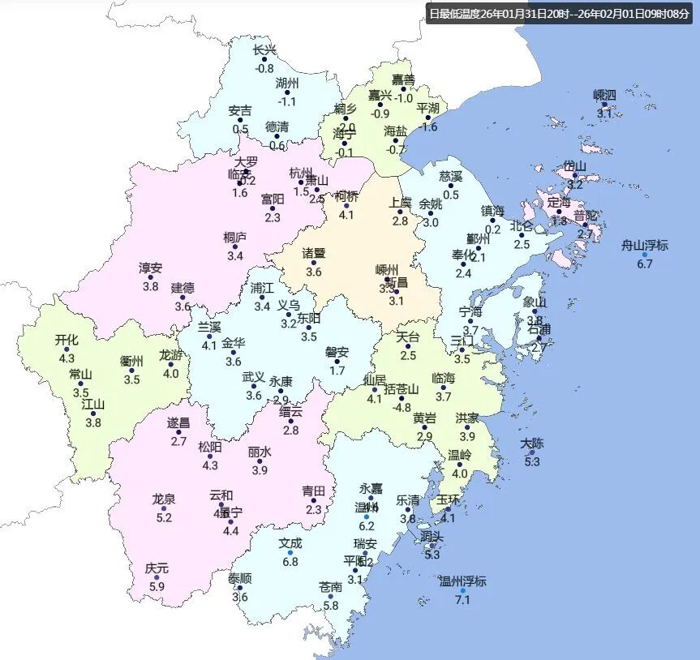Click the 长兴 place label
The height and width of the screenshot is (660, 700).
(x=264, y=50)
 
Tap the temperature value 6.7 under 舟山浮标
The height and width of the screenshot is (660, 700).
(x=645, y=264)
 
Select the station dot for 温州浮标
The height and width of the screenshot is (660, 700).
(x=462, y=591)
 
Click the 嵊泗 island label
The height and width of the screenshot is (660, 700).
(x=604, y=95)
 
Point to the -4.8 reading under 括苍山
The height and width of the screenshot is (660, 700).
(x=402, y=407)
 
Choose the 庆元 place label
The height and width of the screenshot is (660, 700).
(x=157, y=568)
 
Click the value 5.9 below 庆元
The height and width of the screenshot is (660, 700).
(x=157, y=587)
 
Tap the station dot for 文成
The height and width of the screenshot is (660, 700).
(x=290, y=552)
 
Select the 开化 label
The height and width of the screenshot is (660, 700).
(x=67, y=340)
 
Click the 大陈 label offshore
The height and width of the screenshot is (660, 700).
(x=532, y=444)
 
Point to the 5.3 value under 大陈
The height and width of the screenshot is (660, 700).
(x=532, y=462)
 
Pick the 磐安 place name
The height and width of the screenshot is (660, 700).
(x=337, y=352)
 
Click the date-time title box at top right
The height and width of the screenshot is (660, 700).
(x=560, y=14)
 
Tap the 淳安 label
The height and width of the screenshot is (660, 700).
(x=150, y=268)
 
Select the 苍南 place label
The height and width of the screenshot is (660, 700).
(x=330, y=587)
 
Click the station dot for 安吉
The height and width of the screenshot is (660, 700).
(x=241, y=120)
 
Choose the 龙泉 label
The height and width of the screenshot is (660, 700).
(x=164, y=499)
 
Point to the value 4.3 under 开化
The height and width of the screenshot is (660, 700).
(x=67, y=358)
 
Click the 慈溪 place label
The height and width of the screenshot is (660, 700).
(x=451, y=176)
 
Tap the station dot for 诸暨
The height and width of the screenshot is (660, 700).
(x=314, y=262)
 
